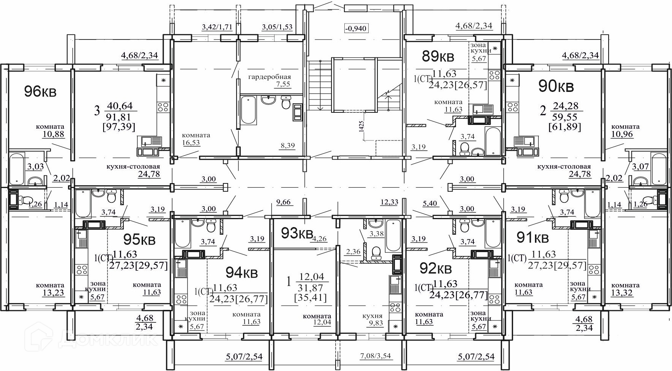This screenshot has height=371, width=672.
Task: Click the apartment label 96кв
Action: pos(40,92)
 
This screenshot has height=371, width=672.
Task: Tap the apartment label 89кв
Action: pos(438,57)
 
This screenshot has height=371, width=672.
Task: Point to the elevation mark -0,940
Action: pos(356,28)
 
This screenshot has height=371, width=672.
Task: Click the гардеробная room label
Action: pos(270,77)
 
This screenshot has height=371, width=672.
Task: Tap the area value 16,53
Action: pos(191,143)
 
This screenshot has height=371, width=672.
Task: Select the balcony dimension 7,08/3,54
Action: pos(375,356)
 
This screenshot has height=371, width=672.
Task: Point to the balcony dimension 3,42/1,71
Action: pos(217,27)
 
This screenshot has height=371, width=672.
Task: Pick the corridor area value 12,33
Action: pos(389,202)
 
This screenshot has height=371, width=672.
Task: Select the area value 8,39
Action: pos(287,145)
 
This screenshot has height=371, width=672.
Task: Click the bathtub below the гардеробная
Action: pos(248,110)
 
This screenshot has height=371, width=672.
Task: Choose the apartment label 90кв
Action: pos(556,87)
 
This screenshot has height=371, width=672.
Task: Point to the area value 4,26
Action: pos(319,239)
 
